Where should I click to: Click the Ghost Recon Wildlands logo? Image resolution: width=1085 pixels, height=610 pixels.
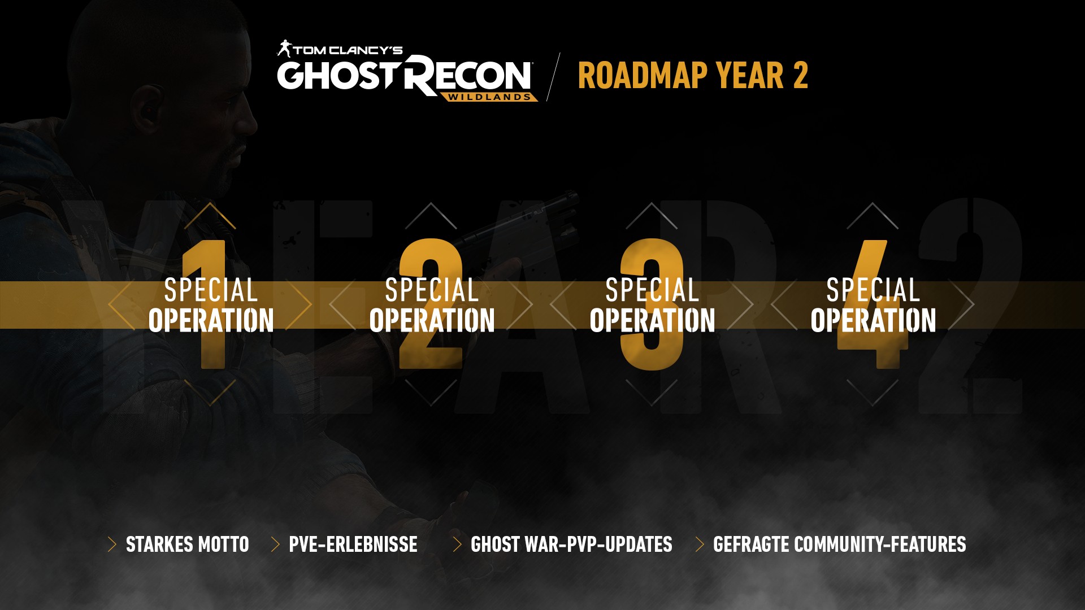point(407,71)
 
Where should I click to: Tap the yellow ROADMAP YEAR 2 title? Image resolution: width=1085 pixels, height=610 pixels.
point(693,76)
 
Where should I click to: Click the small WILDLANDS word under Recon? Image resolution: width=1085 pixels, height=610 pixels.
point(489,97)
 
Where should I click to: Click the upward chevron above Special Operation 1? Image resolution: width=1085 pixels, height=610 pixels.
point(210,215)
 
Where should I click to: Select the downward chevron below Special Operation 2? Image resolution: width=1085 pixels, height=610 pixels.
point(431,393)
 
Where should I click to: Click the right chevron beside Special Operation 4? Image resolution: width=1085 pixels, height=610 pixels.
point(962,304)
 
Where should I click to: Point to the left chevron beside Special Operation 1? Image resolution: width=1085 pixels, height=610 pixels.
point(121,304)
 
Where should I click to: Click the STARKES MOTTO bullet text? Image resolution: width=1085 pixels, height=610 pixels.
point(187,544)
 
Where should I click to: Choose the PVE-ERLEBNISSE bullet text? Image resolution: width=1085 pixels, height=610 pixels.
point(353,544)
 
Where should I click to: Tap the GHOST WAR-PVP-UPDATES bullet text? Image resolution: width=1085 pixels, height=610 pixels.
point(571,544)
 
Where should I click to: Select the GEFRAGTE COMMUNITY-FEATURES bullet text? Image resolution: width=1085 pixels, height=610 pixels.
point(839,544)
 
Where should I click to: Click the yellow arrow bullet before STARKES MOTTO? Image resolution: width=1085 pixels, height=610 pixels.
point(112,544)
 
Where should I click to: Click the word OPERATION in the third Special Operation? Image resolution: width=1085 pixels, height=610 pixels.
point(652,320)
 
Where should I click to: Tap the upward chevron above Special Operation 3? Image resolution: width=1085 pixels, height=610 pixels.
point(652,215)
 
